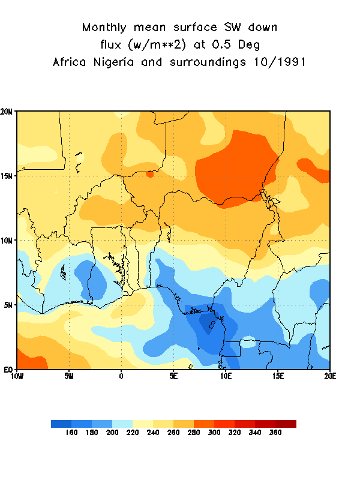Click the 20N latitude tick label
(8, 112)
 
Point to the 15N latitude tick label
(8, 176)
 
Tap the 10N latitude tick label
(8, 241)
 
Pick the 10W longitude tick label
(17, 376)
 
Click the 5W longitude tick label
(69, 376)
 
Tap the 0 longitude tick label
(121, 376)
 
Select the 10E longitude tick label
(226, 376)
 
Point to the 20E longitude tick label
(329, 376)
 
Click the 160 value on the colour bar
(71, 433)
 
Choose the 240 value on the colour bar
(152, 433)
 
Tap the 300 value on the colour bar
(214, 433)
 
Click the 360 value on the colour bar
(275, 433)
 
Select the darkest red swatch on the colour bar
(286, 424)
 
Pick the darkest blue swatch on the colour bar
(61, 424)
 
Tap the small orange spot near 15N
(150, 174)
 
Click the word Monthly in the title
(106, 28)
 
